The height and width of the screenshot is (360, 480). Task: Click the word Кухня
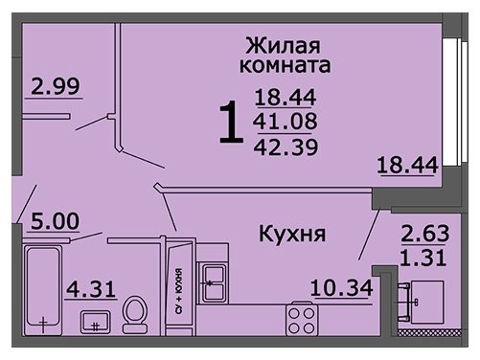tap(292, 235)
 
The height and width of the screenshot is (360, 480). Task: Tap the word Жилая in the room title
tap(283, 46)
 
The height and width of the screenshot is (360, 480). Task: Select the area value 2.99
tap(56, 86)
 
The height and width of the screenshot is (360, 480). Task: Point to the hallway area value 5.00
tap(55, 221)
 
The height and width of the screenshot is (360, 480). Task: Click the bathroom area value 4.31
tap(91, 289)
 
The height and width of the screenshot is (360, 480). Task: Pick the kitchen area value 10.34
tap(342, 287)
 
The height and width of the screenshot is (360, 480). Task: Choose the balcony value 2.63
tap(425, 234)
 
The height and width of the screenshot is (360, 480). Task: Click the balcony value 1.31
tap(423, 258)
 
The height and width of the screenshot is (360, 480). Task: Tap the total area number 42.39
tap(286, 147)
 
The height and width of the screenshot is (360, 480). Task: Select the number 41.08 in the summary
tap(286, 121)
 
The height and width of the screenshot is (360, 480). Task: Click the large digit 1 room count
tap(231, 122)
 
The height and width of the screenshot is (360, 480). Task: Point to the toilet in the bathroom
tap(135, 315)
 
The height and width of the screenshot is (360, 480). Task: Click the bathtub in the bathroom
tap(43, 290)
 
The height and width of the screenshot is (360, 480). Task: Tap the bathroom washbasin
tap(95, 322)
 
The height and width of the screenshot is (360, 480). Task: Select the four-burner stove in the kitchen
tap(302, 319)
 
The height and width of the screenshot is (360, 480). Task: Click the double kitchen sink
tap(213, 282)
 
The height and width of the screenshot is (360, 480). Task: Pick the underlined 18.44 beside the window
tap(407, 166)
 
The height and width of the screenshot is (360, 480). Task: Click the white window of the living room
tap(455, 101)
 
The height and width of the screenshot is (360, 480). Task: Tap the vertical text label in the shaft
tap(179, 290)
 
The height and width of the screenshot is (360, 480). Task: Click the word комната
tap(285, 65)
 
